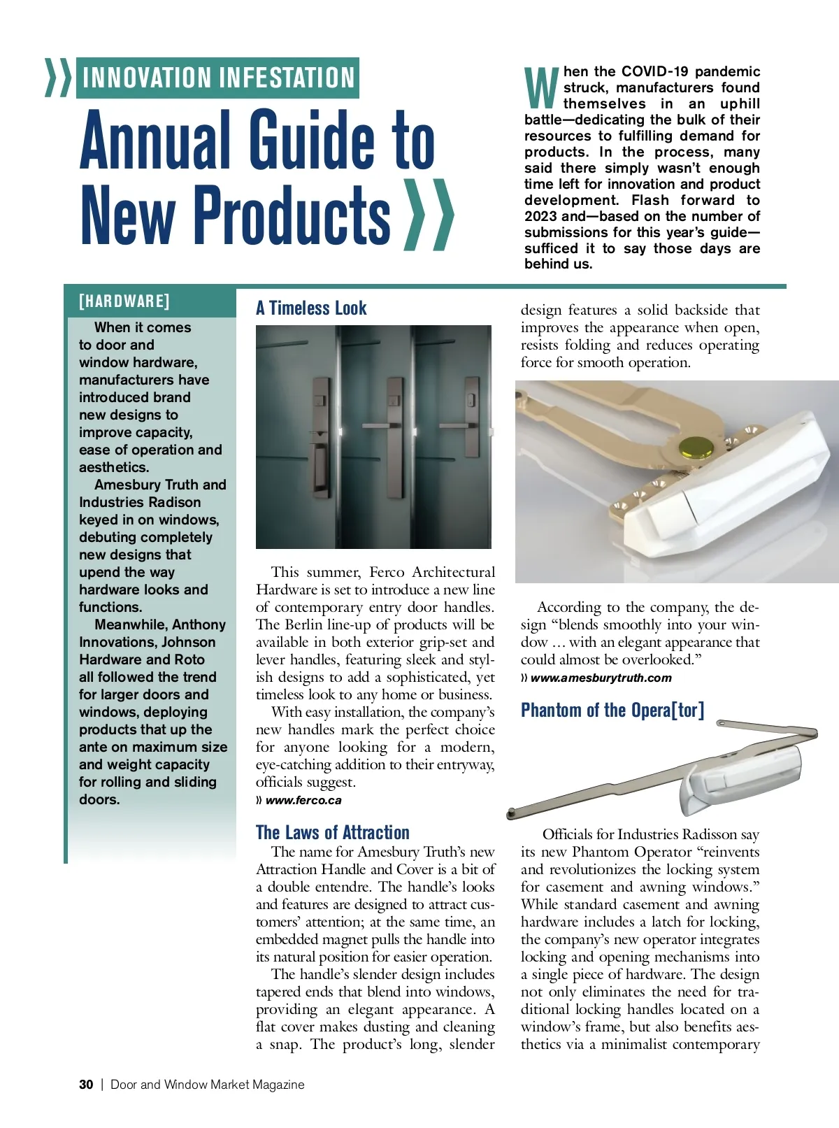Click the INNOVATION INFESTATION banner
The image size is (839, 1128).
pyautogui.click(x=217, y=78)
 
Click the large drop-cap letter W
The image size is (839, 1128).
pyautogui.click(x=541, y=88)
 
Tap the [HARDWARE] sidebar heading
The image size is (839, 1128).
pyautogui.click(x=124, y=301)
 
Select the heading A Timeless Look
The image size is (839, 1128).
pyautogui.click(x=311, y=308)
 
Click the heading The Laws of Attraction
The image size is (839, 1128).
pyautogui.click(x=333, y=832)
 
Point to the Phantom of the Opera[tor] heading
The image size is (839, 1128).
pyautogui.click(x=612, y=711)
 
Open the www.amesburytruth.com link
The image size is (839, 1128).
pyautogui.click(x=601, y=678)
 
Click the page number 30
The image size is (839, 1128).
pyautogui.click(x=86, y=1085)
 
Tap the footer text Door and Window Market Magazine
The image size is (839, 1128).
pyautogui.click(x=208, y=1085)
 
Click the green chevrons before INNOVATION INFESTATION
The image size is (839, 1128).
pyautogui.click(x=58, y=78)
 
